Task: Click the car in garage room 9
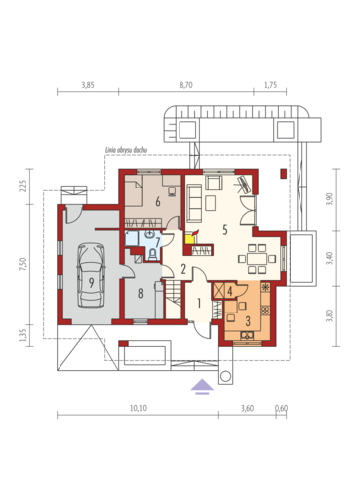91,275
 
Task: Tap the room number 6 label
158,201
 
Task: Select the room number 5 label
225,229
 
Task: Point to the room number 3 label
248,320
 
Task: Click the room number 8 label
141,293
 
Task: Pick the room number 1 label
199,303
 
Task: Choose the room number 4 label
230,291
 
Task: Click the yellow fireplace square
189,239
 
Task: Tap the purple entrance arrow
202,387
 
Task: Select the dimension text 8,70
186,85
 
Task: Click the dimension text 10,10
138,408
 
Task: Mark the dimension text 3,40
329,258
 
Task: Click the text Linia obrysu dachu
126,150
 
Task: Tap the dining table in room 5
257,259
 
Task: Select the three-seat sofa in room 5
194,203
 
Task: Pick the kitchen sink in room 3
247,335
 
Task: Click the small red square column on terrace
284,174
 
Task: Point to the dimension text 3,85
88,85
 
